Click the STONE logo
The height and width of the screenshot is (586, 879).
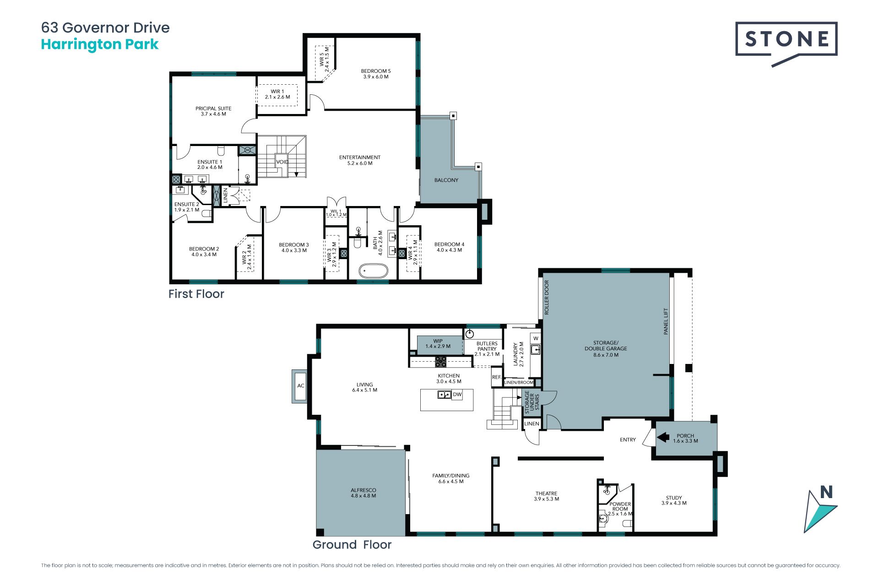(786, 44)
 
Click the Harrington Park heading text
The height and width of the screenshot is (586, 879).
(100, 44)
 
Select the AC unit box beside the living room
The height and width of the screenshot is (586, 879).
(300, 386)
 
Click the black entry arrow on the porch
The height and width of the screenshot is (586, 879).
(663, 437)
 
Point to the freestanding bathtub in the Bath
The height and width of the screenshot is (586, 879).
(373, 271)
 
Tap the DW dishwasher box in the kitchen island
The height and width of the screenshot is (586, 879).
(457, 394)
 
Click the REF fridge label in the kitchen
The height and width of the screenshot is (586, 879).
(496, 377)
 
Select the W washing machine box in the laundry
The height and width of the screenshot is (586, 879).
(535, 338)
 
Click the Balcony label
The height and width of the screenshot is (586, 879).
(446, 180)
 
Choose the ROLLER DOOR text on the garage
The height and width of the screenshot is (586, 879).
(547, 297)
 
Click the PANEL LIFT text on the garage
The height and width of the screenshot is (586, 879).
(666, 321)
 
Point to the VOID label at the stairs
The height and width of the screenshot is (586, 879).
(282, 162)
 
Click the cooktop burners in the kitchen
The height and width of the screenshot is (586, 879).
(440, 362)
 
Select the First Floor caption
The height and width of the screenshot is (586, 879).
(196, 294)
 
